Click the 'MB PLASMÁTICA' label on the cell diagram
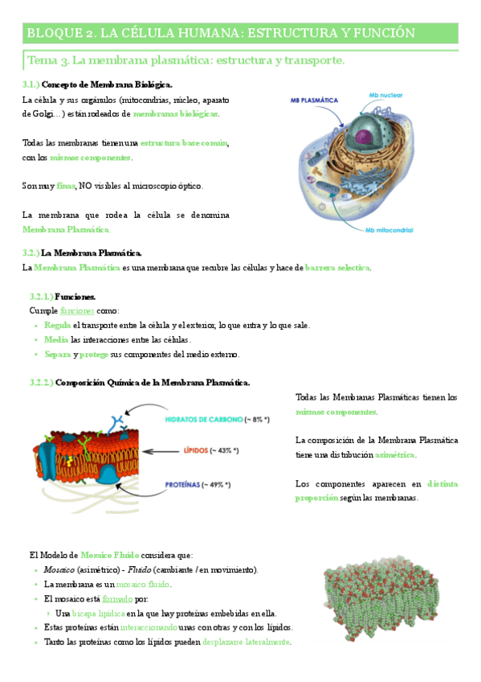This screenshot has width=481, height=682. (315, 100)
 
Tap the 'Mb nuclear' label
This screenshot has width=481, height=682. (386, 95)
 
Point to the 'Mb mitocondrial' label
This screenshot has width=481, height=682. (389, 229)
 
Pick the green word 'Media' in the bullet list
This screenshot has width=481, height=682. (57, 339)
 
